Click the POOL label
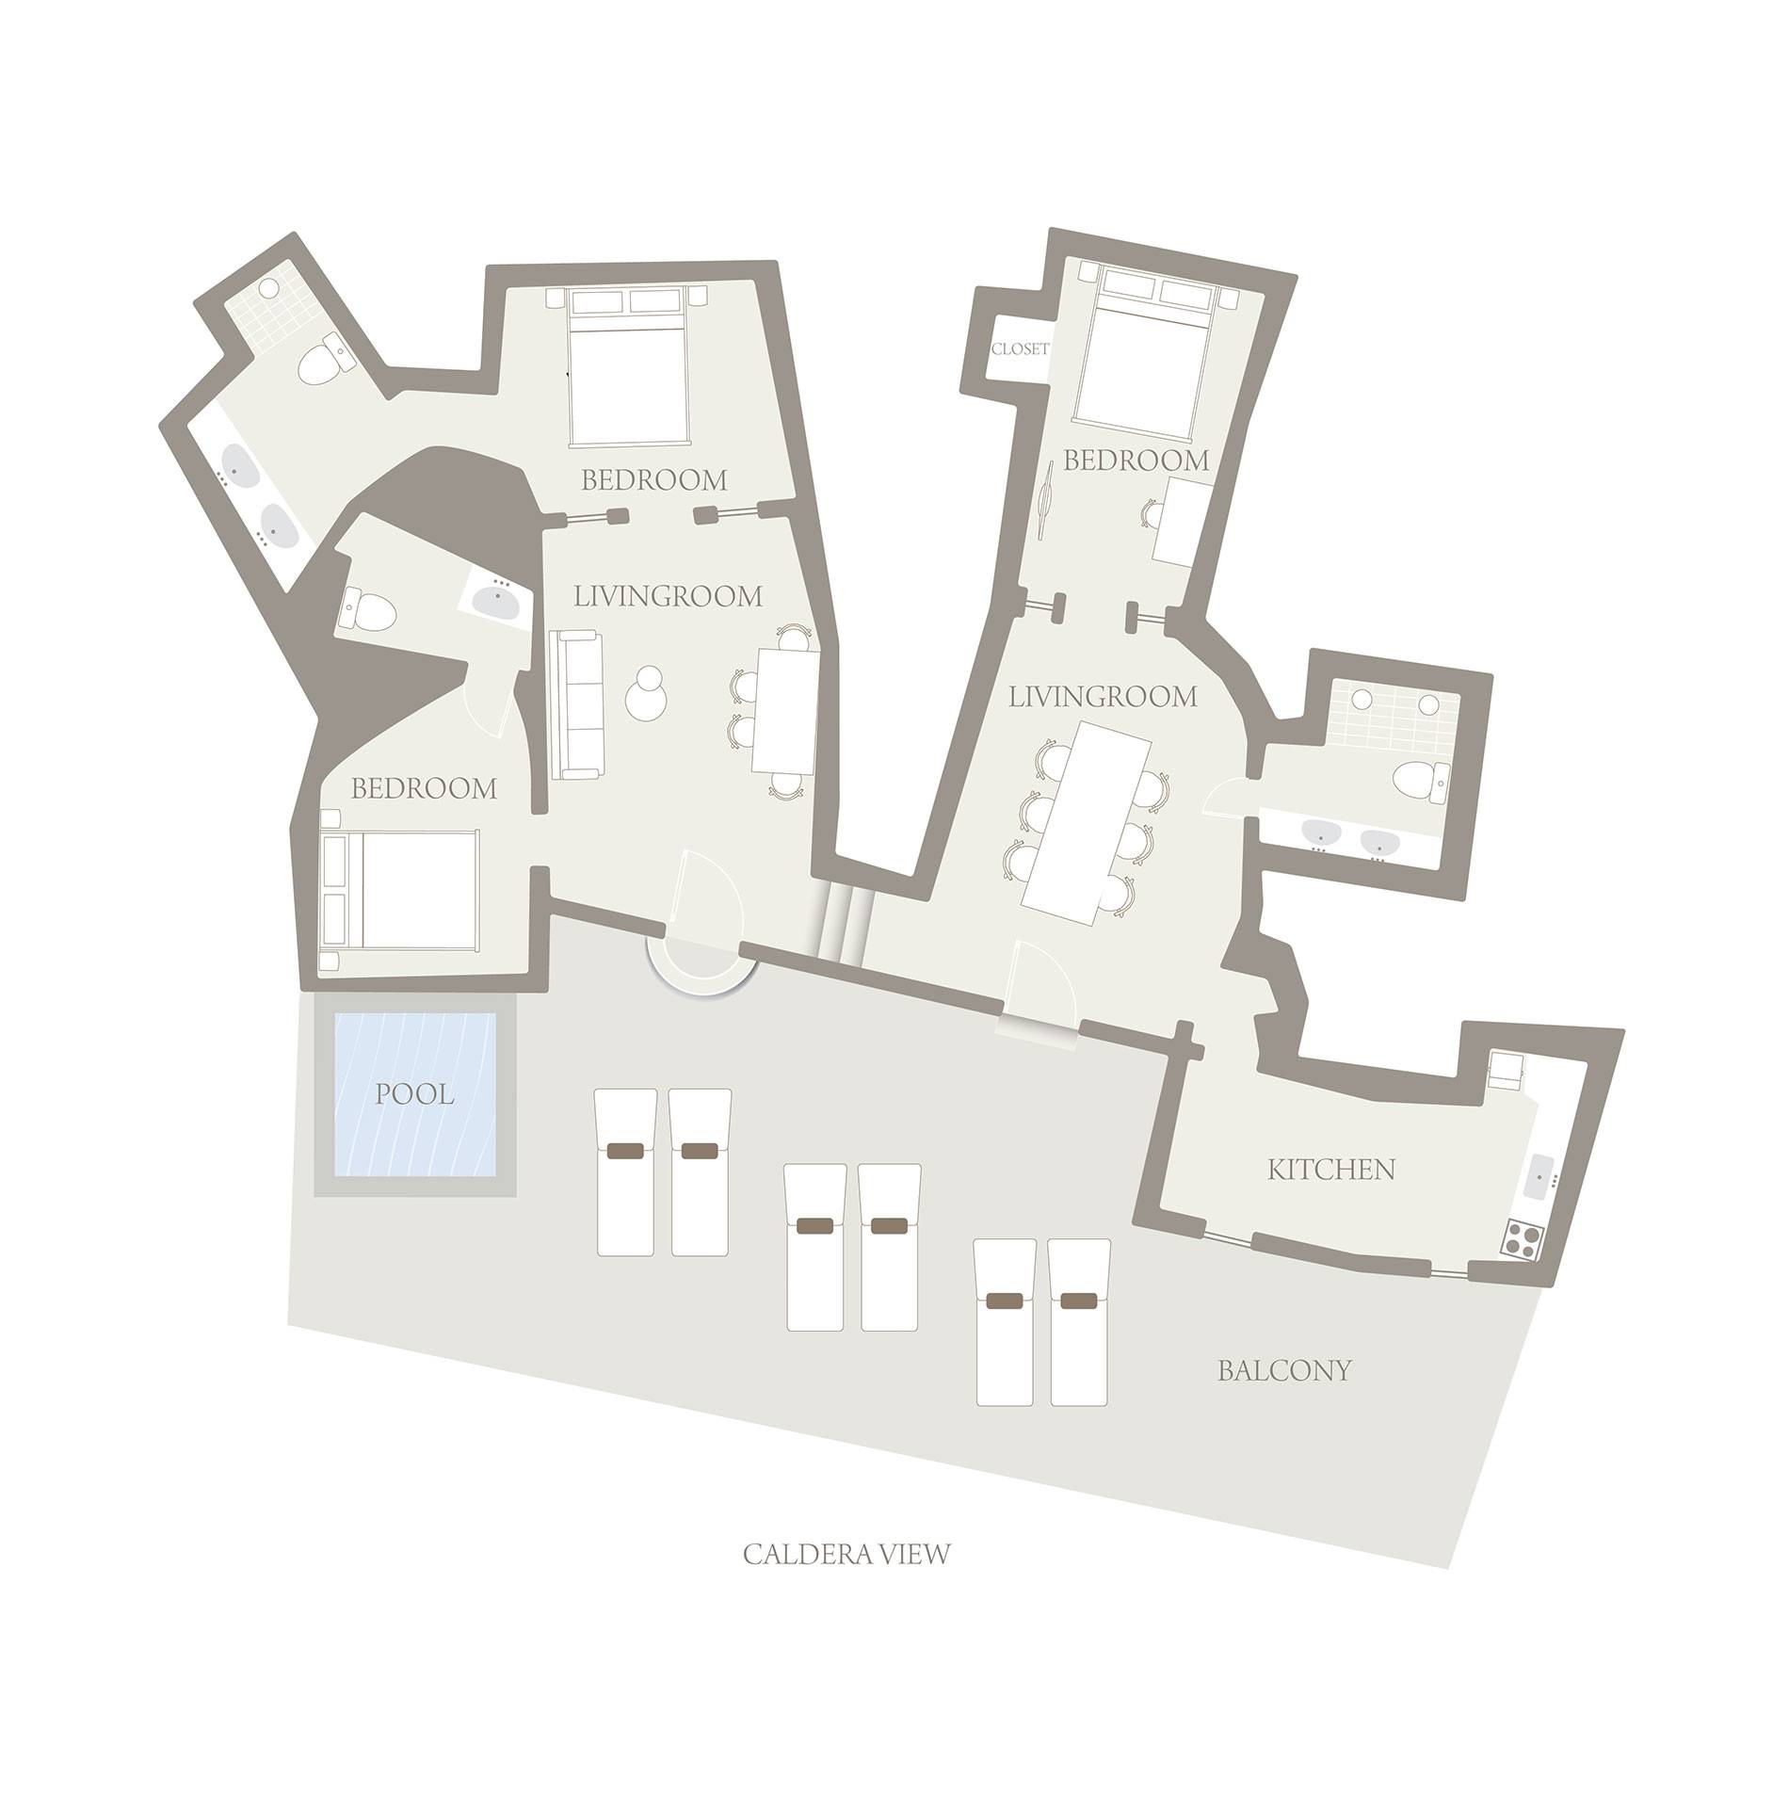click(414, 1094)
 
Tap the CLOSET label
click(1020, 349)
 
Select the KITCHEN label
click(1330, 1171)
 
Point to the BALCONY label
click(1284, 1371)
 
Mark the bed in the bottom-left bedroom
click(399, 890)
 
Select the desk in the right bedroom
click(1182, 521)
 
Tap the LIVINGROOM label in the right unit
click(1103, 697)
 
